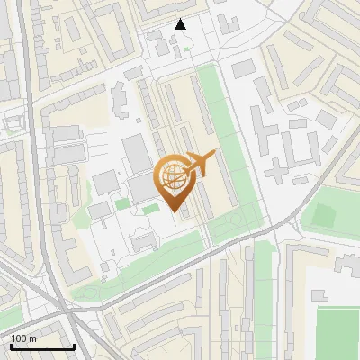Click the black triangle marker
[x=181, y=24]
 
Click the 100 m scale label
[x=23, y=338]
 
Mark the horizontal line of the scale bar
[x=42, y=346]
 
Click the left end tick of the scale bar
[x=11, y=345]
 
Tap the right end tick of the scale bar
[x=74, y=345]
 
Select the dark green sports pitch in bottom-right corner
[x=338, y=333]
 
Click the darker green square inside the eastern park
[x=321, y=217]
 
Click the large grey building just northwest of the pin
[x=137, y=153]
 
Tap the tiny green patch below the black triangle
[x=186, y=49]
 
